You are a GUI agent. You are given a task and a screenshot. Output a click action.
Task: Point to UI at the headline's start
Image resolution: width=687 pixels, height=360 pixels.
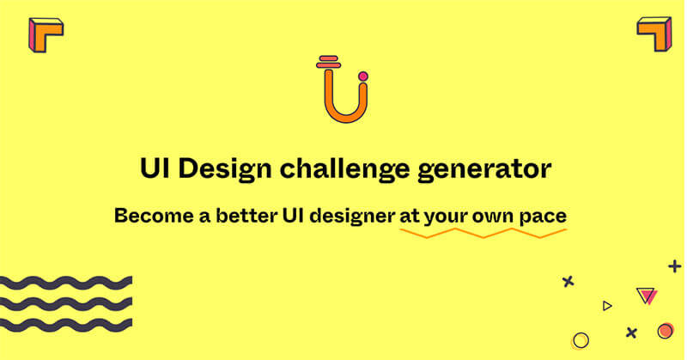pyautogui.click(x=155, y=168)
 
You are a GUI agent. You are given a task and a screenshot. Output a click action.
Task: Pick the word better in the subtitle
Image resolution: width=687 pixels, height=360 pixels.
pyautogui.click(x=246, y=216)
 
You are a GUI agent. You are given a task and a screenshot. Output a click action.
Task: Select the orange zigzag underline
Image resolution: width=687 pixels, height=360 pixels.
pyautogui.click(x=483, y=233)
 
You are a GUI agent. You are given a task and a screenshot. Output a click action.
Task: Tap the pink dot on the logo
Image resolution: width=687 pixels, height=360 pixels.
pyautogui.click(x=362, y=76)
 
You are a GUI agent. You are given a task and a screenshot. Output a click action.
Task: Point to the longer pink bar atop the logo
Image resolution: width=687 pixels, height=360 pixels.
pyautogui.click(x=329, y=65)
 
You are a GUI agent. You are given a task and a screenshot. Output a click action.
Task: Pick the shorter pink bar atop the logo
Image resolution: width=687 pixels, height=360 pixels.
pyautogui.click(x=329, y=58)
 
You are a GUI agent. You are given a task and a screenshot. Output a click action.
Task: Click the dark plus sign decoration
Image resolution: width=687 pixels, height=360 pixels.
pyautogui.click(x=675, y=266)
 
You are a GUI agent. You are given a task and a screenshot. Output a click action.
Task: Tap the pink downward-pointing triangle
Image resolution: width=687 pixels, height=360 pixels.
pyautogui.click(x=647, y=296)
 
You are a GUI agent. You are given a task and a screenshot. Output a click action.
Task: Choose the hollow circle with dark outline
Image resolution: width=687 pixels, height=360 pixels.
pyautogui.click(x=581, y=333)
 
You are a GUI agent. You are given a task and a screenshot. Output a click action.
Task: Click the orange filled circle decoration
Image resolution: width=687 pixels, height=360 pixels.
pyautogui.click(x=665, y=331)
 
